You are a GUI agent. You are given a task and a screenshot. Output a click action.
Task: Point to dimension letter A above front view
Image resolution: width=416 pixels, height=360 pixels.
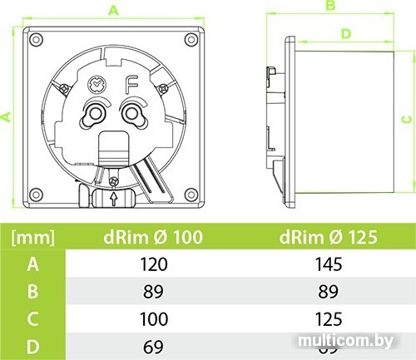(x=113, y=10)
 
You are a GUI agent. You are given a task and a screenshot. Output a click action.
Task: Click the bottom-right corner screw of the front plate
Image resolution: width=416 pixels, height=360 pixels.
(x=194, y=196)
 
